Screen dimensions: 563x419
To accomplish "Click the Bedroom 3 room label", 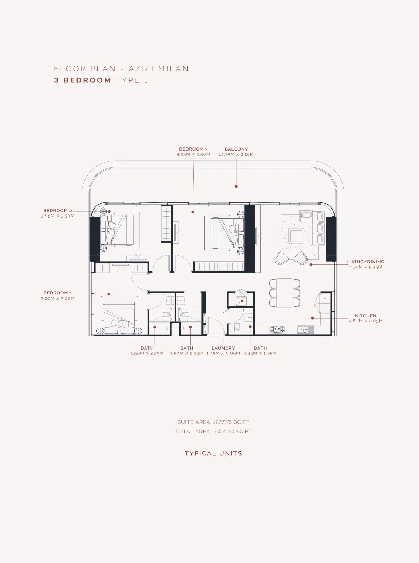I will point(193,149).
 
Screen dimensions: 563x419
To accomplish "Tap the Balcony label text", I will point(236,149).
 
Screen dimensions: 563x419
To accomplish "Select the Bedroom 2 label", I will point(58,211).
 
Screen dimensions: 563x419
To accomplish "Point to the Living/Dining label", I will point(366,262).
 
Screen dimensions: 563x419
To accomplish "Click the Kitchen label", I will point(366,316).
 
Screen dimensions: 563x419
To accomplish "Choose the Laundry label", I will point(223,348).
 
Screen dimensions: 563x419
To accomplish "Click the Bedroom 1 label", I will point(58,293).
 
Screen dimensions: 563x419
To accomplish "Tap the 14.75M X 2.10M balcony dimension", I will point(236,154).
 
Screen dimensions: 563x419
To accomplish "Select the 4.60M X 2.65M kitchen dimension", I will point(366,321).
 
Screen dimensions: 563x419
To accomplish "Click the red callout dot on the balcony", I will point(236,186).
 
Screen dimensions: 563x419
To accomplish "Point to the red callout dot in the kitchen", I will point(313,318).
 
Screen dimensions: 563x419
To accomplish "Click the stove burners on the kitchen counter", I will point(277,329).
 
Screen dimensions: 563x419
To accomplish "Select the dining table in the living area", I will point(285,293).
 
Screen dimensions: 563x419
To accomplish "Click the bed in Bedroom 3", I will point(223,232).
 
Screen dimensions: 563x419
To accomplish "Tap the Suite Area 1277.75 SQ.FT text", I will point(213,422).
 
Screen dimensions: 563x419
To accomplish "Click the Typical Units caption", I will point(213,453).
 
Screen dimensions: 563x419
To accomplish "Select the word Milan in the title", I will point(174,68).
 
